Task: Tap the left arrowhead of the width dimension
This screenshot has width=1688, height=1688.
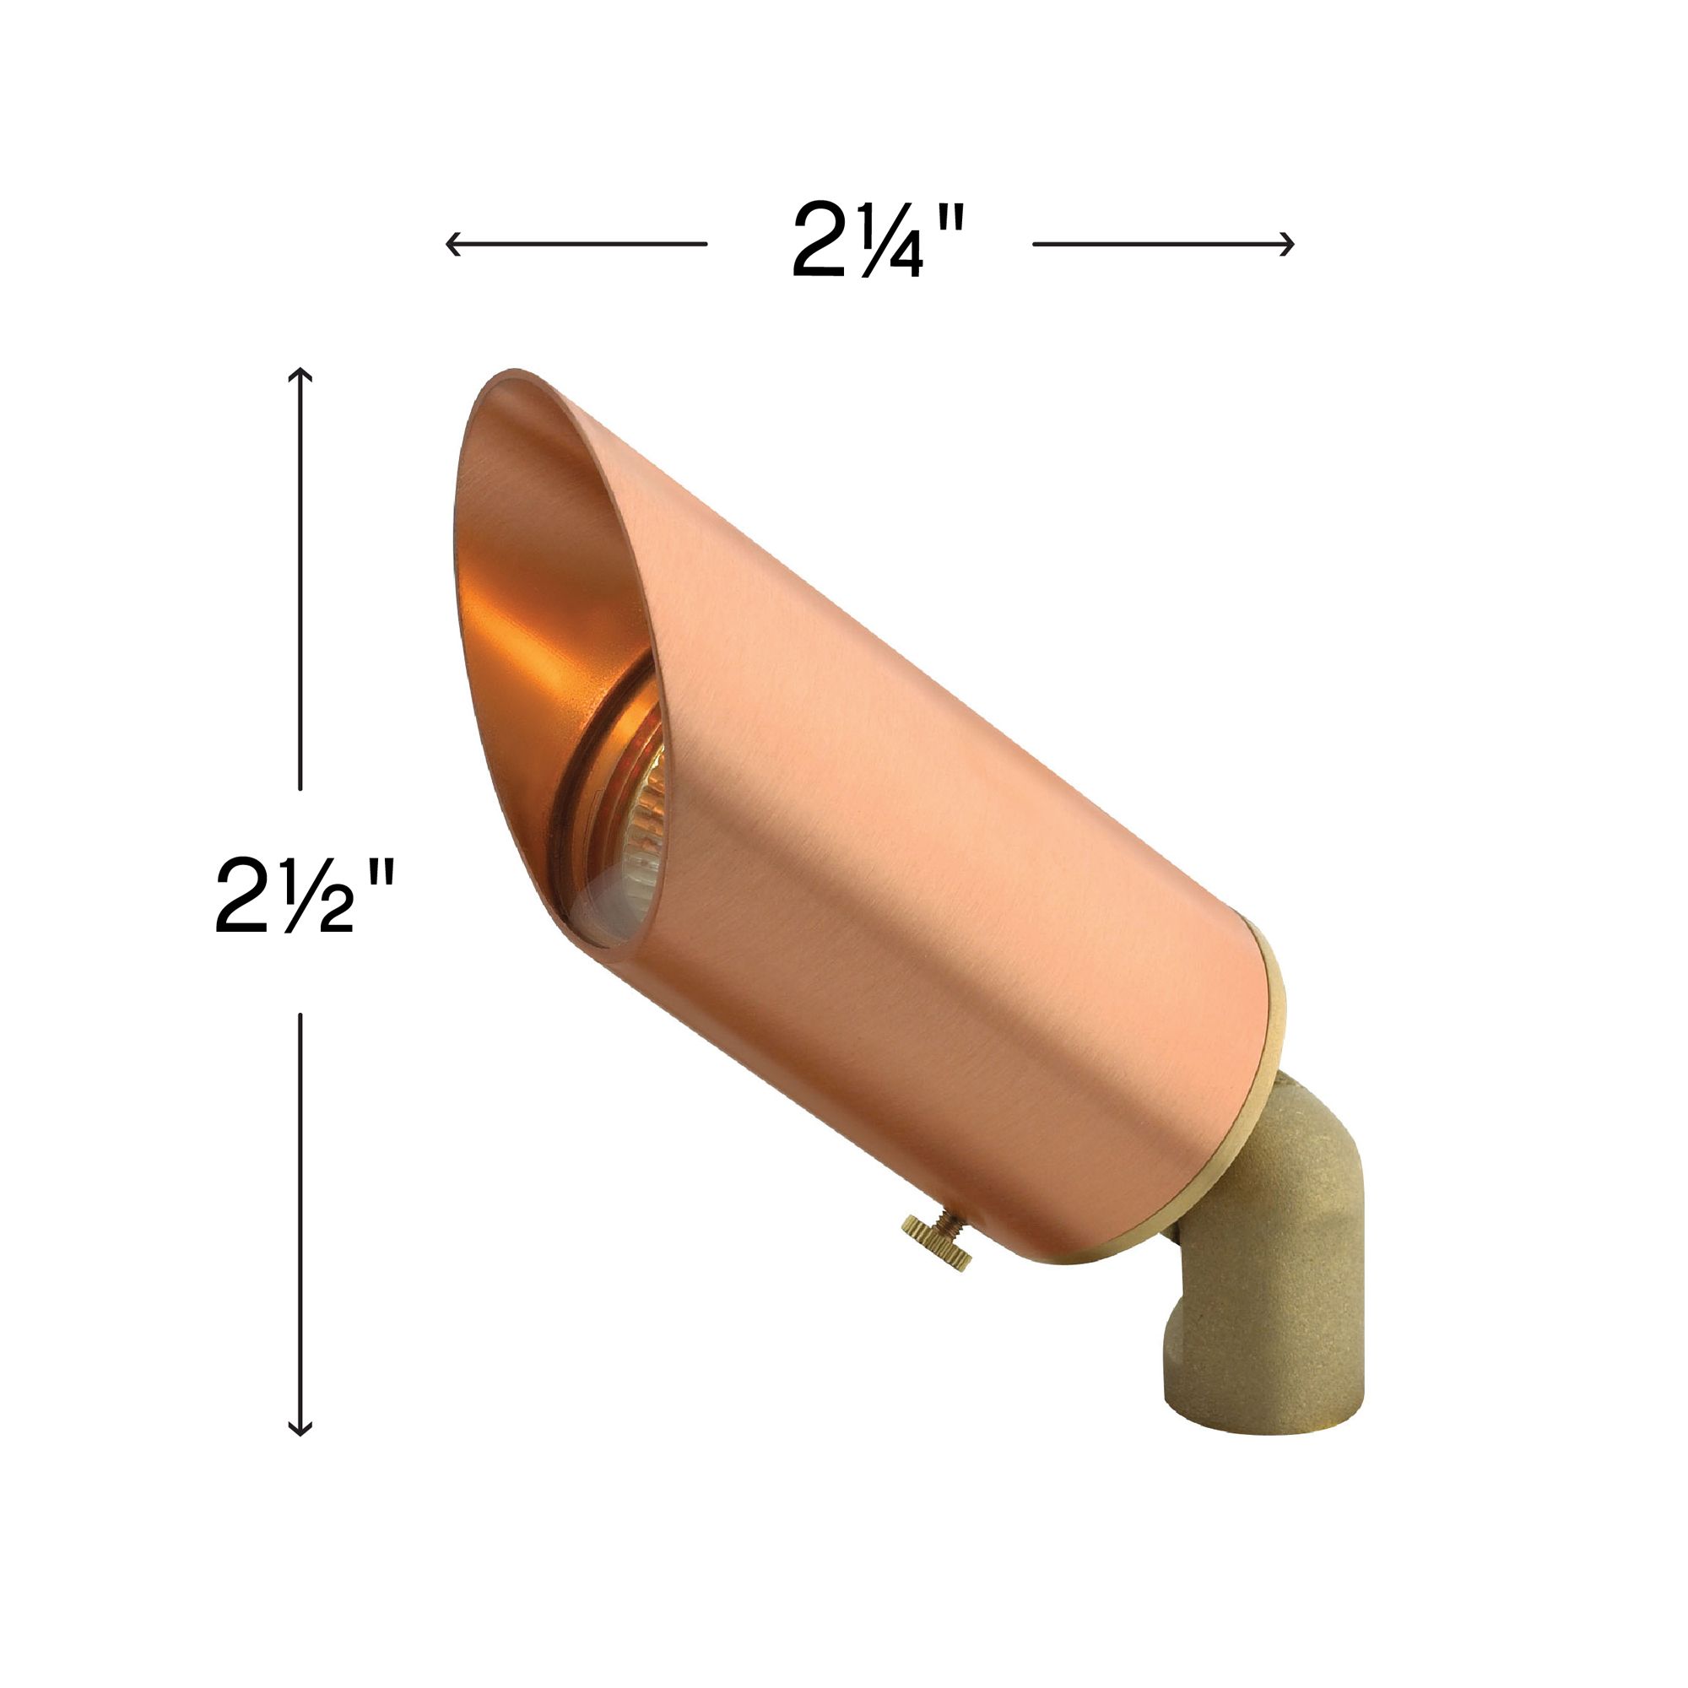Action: [x=451, y=244]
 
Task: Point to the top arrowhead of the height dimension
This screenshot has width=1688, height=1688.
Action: [x=300, y=375]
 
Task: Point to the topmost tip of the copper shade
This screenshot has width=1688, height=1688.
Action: [x=514, y=371]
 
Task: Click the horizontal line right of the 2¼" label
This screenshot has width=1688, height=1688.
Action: [x=1162, y=244]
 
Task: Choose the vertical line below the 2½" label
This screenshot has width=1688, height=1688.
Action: [x=300, y=1223]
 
